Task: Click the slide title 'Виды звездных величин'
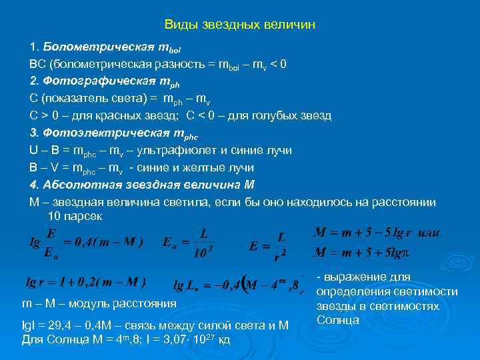(239, 25)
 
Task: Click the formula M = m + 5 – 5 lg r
(363, 234)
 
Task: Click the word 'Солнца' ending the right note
(338, 321)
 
